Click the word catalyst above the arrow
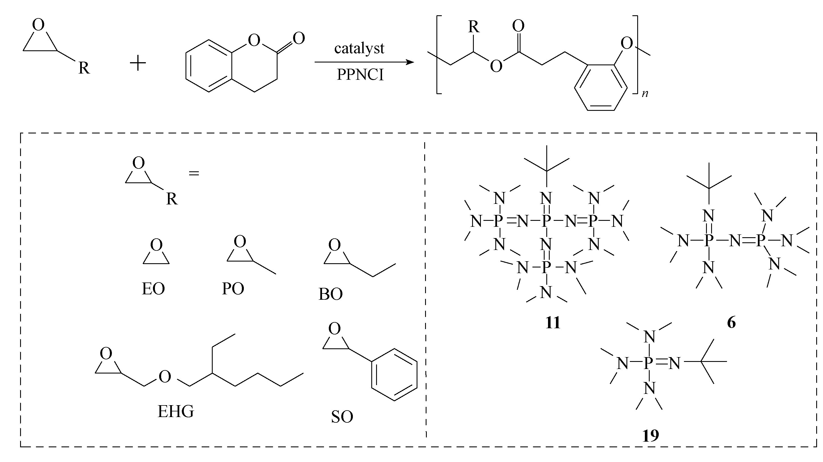[x=359, y=49]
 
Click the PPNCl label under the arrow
[x=360, y=75]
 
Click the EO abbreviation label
[x=153, y=289]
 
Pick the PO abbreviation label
[x=233, y=289]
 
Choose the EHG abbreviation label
[x=176, y=412]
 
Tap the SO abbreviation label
[x=342, y=417]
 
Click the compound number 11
[x=553, y=323]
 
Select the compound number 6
[x=731, y=323]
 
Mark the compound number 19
[x=651, y=436]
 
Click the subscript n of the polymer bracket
[x=645, y=94]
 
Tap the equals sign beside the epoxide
[x=194, y=174]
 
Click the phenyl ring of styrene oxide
[x=394, y=374]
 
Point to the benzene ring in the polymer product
[x=601, y=88]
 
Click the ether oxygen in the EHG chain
[x=165, y=377]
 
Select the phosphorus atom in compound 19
[x=648, y=363]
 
